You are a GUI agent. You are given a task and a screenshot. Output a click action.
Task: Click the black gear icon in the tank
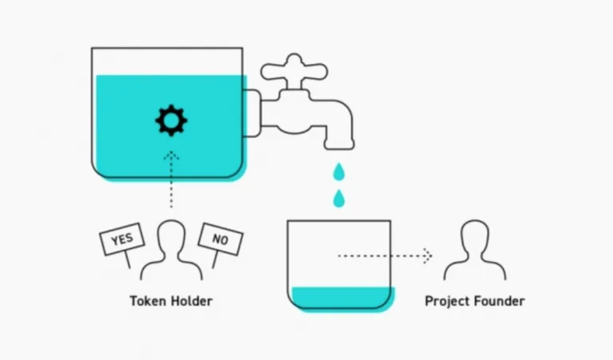click(172, 121)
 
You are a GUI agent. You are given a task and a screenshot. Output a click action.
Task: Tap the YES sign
click(122, 239)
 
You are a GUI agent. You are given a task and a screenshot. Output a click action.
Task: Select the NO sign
click(220, 239)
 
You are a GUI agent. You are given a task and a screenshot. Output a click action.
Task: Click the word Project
click(448, 302)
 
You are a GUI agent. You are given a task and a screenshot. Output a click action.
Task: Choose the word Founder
click(500, 301)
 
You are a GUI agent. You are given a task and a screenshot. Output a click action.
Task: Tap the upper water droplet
click(339, 172)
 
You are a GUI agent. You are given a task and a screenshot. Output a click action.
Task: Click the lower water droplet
click(339, 199)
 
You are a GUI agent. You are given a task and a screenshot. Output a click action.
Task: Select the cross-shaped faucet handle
click(295, 71)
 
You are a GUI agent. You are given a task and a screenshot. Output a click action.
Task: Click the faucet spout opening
click(339, 147)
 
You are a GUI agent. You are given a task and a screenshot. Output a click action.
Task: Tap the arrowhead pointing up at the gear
click(172, 156)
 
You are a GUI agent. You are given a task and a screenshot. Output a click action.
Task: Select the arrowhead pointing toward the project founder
click(429, 256)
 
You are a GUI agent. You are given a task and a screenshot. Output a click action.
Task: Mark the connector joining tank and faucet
click(252, 113)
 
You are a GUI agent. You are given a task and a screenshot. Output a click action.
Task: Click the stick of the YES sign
click(127, 259)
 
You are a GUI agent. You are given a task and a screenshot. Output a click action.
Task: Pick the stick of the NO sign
click(215, 259)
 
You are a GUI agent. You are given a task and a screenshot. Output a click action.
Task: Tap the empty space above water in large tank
click(167, 61)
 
